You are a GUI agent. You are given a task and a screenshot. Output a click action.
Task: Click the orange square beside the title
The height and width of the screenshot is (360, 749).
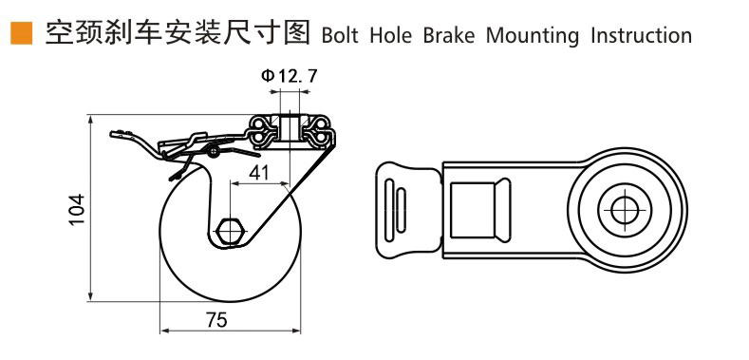click(21, 33)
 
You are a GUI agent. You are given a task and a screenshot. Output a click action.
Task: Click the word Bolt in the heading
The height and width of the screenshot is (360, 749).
click(340, 36)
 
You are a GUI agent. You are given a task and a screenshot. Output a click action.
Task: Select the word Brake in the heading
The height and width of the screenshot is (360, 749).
click(449, 36)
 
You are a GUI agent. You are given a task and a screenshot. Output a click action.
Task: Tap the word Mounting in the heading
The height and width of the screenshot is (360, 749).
click(533, 37)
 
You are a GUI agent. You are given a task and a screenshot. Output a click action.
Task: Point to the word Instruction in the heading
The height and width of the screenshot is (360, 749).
click(641, 36)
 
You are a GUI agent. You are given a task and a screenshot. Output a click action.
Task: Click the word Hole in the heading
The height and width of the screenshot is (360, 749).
click(390, 36)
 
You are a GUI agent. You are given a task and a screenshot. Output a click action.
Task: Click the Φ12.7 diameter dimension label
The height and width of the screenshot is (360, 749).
click(289, 76)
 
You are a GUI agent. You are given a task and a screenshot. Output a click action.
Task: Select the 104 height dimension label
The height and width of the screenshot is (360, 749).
click(76, 209)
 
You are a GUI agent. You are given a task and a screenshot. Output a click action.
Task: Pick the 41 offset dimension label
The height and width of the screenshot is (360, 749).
click(258, 173)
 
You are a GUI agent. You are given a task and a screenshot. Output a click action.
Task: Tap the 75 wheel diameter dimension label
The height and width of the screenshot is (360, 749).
click(216, 320)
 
